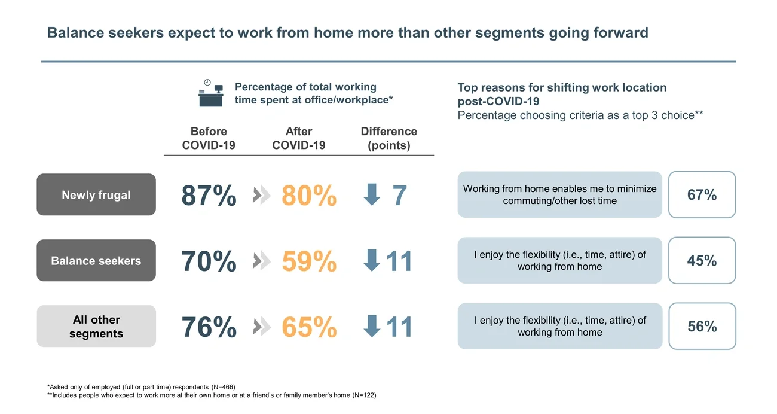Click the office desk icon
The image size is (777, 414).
click(210, 93)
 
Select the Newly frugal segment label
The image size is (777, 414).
click(96, 195)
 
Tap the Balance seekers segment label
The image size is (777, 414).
click(96, 261)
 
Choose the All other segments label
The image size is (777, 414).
click(96, 327)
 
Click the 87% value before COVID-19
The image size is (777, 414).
click(209, 196)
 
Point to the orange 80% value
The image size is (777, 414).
click(309, 196)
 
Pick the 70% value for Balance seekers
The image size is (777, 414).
click(209, 261)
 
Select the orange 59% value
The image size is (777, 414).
click(309, 261)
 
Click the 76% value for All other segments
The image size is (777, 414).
click(209, 327)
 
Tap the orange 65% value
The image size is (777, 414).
click(309, 327)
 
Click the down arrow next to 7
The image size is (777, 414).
click(372, 195)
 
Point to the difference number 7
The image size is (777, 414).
click(400, 196)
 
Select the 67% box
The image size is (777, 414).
click(702, 195)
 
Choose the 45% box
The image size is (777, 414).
click(702, 261)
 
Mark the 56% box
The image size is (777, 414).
click(702, 327)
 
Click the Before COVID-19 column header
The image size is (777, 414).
click(209, 138)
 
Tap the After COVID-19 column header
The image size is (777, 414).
click(299, 138)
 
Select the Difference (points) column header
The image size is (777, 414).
click(389, 138)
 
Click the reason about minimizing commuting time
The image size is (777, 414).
click(559, 195)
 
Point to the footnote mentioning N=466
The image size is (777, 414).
click(145, 386)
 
